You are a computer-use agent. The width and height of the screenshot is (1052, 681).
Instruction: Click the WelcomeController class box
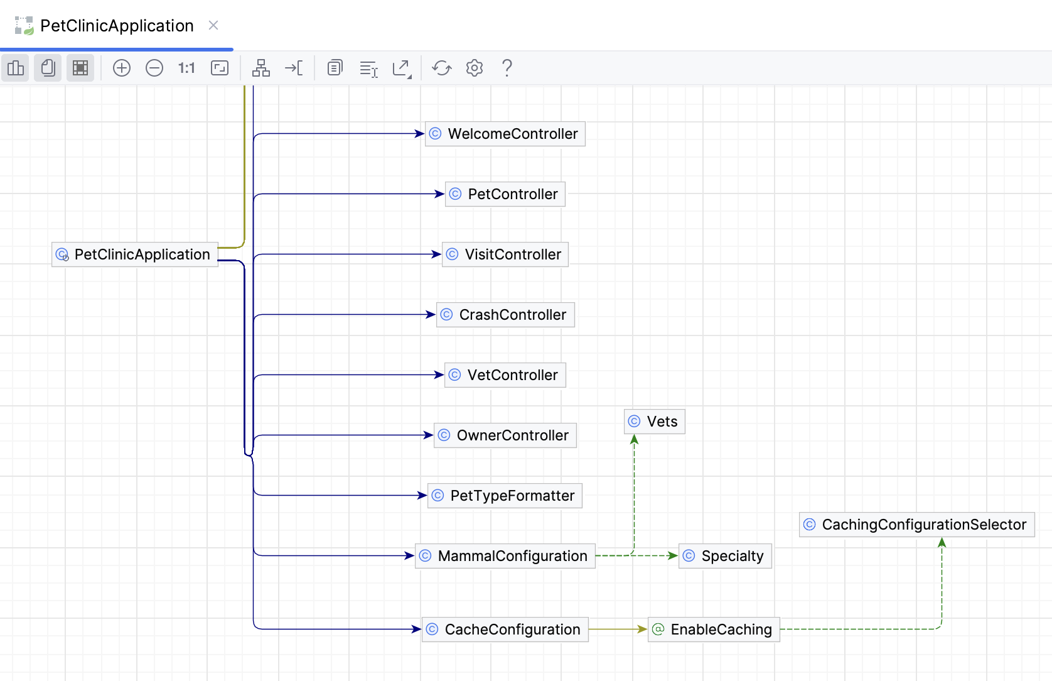505,134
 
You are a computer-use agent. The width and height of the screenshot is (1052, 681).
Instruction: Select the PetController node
505,194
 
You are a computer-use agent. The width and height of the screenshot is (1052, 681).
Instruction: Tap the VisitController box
505,254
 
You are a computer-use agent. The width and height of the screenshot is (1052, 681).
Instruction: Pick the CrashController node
505,315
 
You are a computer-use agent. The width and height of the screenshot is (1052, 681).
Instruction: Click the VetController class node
505,375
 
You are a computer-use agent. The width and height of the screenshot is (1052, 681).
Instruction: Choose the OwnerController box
505,435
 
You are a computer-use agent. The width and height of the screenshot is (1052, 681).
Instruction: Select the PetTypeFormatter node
505,496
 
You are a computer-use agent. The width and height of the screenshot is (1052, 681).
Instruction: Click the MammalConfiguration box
505,556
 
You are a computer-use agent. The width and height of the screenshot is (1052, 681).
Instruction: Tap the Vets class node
655,422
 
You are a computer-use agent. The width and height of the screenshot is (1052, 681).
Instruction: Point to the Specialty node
725,556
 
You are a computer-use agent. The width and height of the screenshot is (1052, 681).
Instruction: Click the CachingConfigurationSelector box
916,525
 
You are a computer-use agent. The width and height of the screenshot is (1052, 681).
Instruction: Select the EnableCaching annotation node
714,629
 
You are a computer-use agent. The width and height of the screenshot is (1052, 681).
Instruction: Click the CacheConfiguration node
505,629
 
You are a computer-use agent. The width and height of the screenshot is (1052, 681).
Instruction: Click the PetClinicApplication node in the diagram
135,254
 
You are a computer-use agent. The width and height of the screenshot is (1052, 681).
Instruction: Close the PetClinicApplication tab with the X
213,25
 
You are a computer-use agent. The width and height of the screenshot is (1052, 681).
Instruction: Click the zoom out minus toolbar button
154,68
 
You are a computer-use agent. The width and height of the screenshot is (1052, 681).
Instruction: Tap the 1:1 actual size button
186,68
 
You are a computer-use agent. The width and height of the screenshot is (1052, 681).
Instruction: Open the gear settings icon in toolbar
475,68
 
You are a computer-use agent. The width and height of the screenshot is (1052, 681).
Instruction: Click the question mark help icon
507,68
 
